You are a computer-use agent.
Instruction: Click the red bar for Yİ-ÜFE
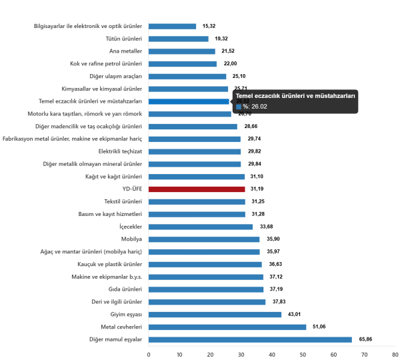coord(197,189)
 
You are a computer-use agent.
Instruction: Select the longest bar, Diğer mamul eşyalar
coord(250,339)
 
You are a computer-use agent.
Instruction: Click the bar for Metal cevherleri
coord(227,327)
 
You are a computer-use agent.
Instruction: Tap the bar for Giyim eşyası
coord(215,315)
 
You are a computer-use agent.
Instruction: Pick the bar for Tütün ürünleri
coord(178,39)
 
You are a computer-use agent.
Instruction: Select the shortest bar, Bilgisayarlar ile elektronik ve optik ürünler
coord(172,26)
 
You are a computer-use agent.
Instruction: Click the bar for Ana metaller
coord(181,51)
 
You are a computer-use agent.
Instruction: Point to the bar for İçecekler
coord(201,227)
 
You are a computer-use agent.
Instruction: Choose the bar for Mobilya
coord(204,239)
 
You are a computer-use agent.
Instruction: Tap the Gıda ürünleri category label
coord(126,289)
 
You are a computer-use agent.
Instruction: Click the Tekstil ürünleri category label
coord(123,201)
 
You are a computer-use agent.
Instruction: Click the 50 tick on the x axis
coord(303,353)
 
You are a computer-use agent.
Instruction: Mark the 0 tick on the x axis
coord(148,353)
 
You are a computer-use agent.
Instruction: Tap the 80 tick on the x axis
coord(395,353)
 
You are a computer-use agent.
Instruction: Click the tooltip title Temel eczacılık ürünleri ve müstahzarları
coord(295,96)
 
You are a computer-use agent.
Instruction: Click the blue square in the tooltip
coord(238,106)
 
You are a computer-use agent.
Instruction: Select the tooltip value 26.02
coord(259,106)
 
